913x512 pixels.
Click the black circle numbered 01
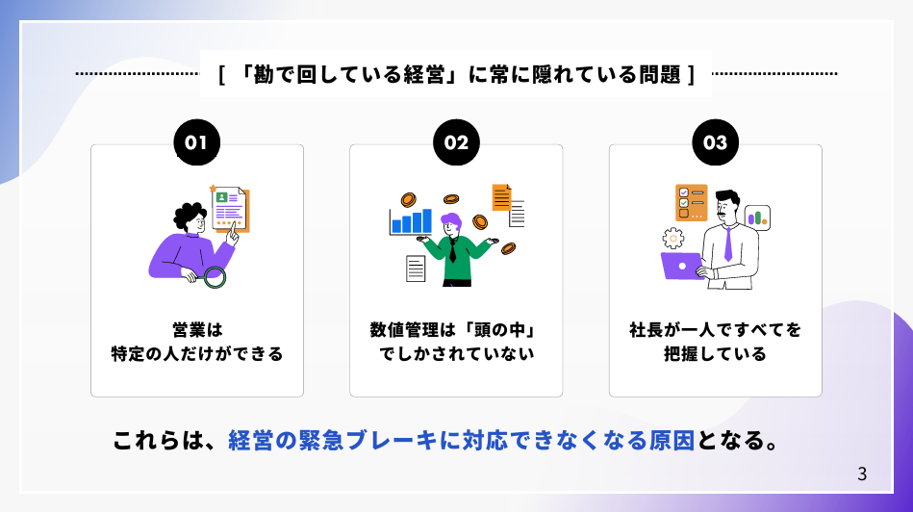click(x=197, y=142)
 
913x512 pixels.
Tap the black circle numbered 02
click(x=456, y=142)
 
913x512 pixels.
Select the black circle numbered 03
click(x=715, y=142)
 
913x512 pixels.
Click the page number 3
click(x=862, y=474)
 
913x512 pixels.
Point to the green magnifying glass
click(x=214, y=277)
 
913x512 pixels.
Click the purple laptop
click(x=682, y=267)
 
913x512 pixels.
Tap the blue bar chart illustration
click(x=411, y=221)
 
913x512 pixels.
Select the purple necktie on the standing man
click(x=728, y=244)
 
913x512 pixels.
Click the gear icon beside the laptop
click(x=673, y=239)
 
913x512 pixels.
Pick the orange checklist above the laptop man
click(x=691, y=203)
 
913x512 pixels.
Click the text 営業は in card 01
click(x=197, y=330)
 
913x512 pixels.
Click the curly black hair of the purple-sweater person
click(x=190, y=216)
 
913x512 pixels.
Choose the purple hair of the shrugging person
click(x=450, y=221)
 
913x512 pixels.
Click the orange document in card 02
click(x=501, y=197)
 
